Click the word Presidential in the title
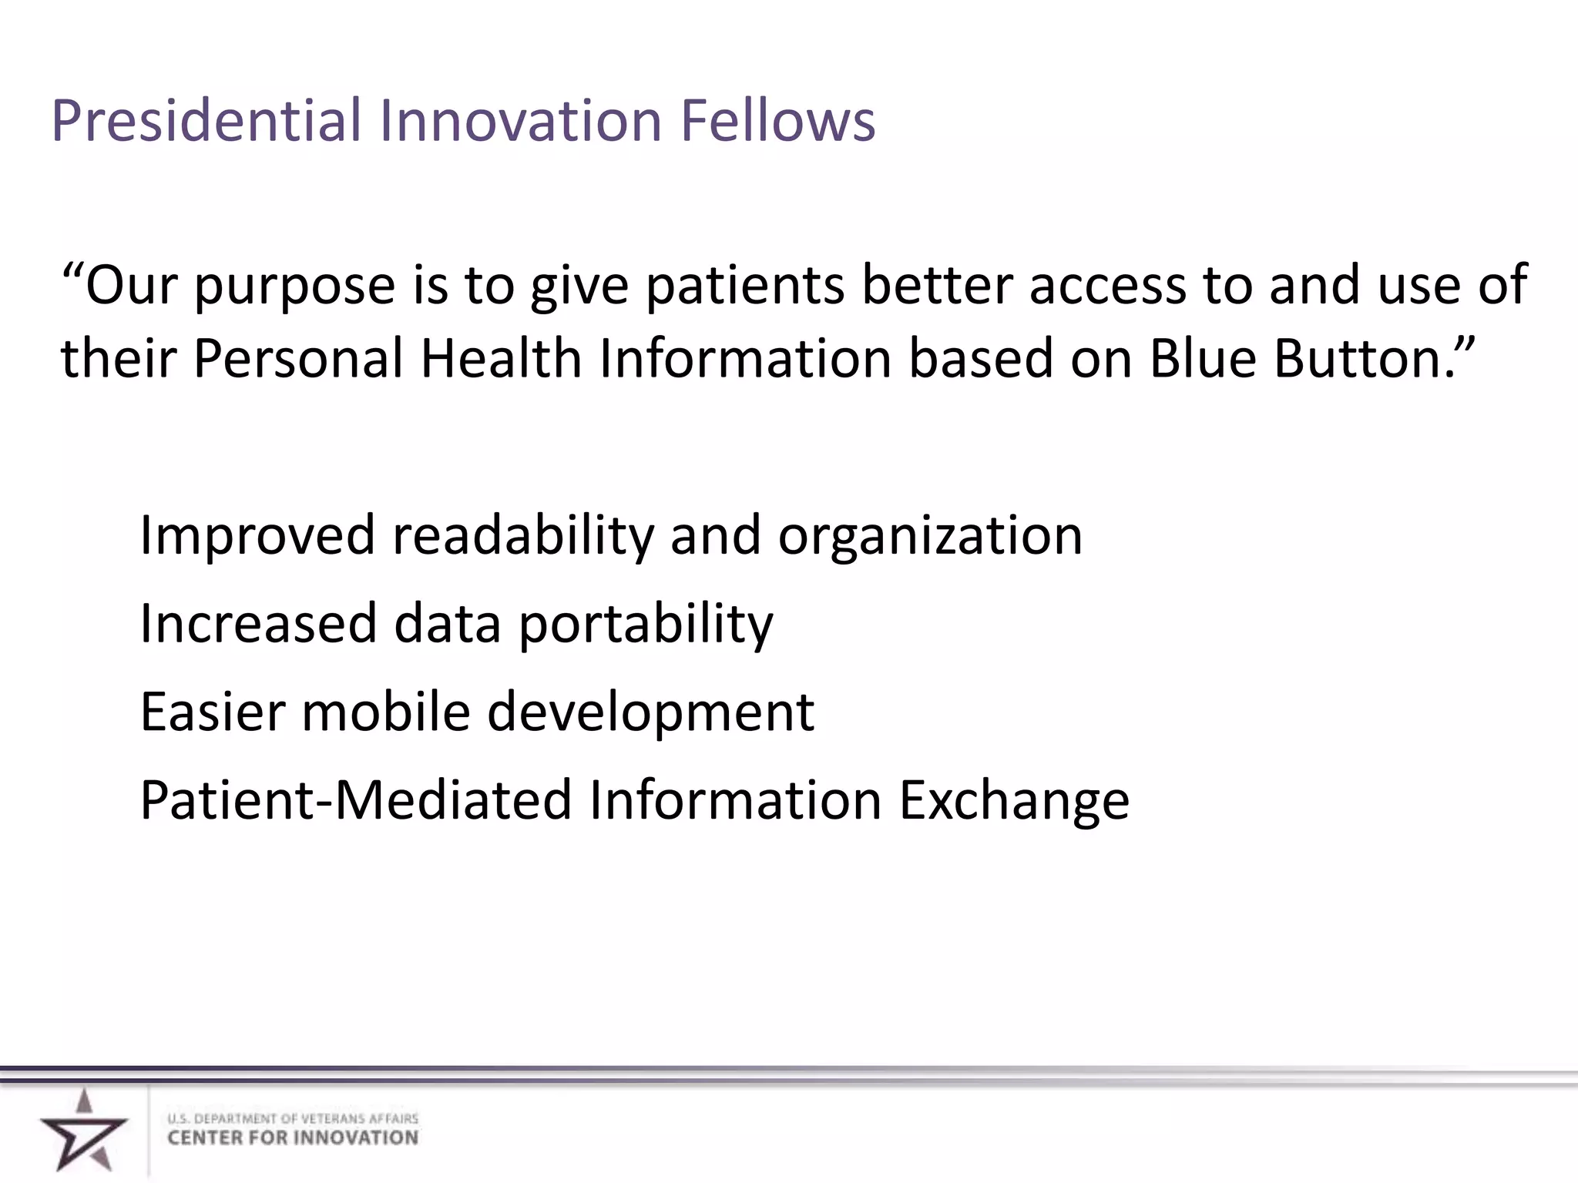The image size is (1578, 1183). click(206, 121)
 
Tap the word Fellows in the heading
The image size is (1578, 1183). click(777, 121)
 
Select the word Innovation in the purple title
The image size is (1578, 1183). click(520, 121)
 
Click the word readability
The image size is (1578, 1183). click(523, 536)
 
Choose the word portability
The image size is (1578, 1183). click(646, 625)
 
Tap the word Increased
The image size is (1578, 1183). click(258, 623)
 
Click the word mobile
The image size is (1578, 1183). click(385, 712)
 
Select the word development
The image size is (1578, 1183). click(651, 713)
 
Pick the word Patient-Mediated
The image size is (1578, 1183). click(355, 800)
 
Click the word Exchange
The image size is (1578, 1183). click(1014, 802)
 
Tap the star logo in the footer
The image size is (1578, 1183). click(83, 1131)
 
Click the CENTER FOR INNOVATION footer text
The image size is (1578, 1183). click(293, 1138)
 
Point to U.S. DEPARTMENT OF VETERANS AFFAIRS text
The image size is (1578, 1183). click(293, 1118)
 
